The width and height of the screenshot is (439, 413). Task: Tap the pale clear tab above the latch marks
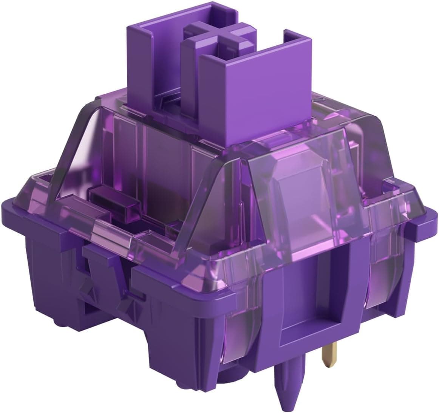point(110,242)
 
